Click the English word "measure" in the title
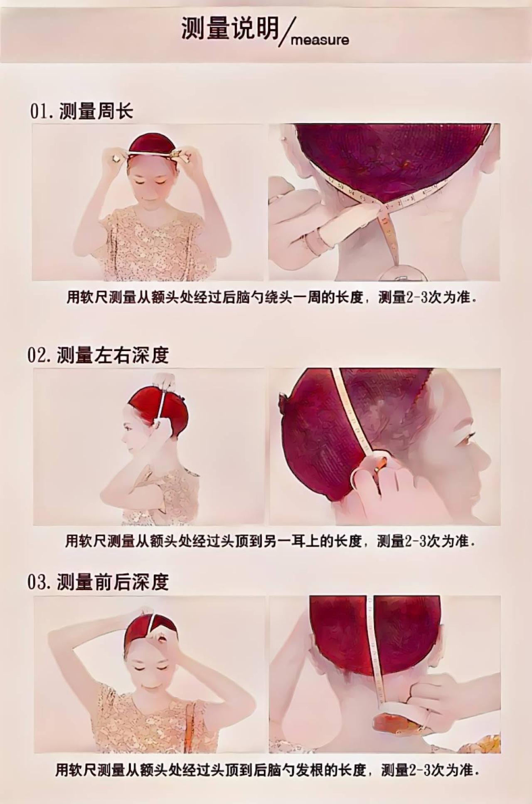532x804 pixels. pos(320,40)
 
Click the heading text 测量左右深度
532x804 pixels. pos(113,355)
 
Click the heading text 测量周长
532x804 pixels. pos(96,111)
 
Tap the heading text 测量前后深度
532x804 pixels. pos(113,582)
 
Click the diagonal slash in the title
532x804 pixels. pos(285,32)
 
